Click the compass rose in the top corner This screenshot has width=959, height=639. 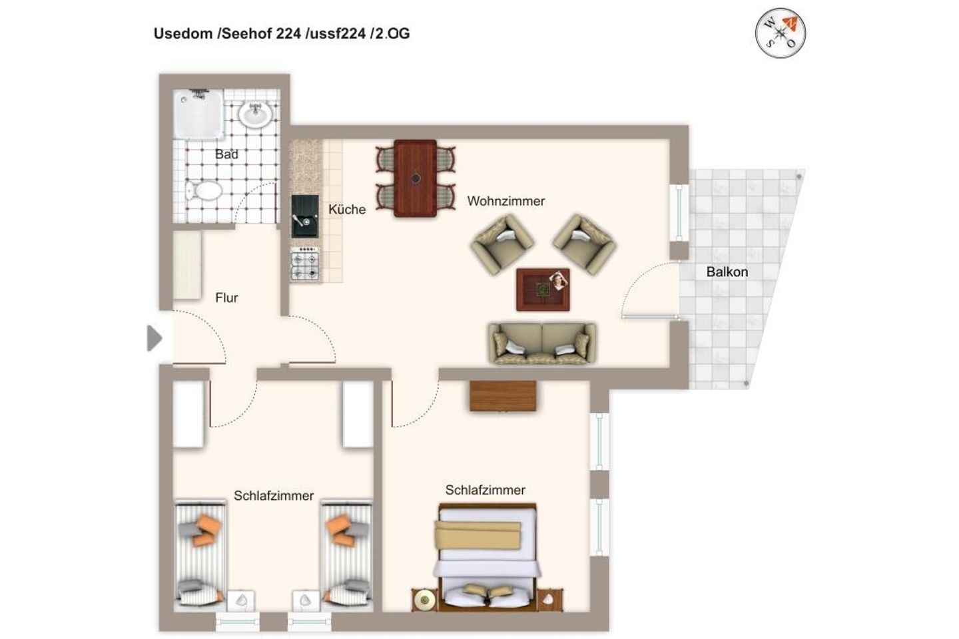[780, 33]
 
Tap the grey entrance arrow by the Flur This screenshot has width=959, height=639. [155, 338]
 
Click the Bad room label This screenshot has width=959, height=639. [226, 154]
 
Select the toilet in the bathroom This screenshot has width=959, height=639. [204, 192]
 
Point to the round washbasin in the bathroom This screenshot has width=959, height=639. [254, 115]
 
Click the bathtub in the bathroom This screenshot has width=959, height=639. [198, 115]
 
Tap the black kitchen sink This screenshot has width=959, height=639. [305, 216]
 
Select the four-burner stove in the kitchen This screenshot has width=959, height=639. [305, 264]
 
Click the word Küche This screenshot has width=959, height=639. [347, 210]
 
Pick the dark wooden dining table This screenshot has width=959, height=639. [415, 178]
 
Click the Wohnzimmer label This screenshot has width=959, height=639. [506, 201]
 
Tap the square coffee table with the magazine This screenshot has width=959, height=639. [543, 290]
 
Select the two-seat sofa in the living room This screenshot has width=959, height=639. [541, 343]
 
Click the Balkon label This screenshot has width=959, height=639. [727, 272]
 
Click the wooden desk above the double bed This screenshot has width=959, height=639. [503, 396]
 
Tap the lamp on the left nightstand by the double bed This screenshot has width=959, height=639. [423, 600]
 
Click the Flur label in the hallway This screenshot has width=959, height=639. [226, 298]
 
